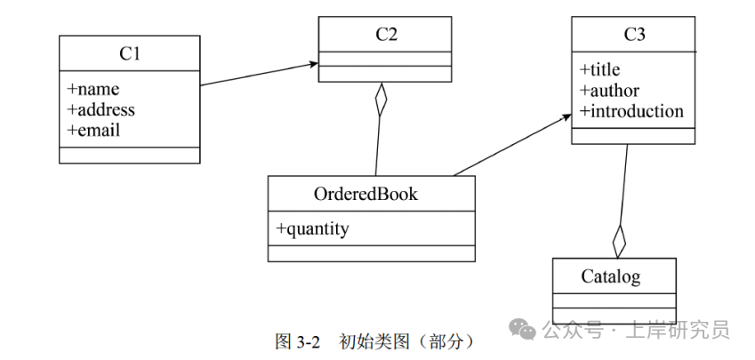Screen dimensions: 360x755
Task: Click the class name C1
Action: pos(130,53)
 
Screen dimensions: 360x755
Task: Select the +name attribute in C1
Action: pos(93,89)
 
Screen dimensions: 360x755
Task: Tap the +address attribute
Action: pos(101,109)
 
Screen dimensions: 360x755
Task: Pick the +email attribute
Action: pos(93,130)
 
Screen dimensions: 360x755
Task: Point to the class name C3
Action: pos(633,35)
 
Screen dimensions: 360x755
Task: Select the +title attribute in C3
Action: pos(600,69)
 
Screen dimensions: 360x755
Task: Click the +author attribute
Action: pos(609,90)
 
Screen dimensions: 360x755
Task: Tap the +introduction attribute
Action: pos(631,110)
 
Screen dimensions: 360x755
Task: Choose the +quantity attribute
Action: pos(312,228)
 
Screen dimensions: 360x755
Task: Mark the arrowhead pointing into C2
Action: pos(312,64)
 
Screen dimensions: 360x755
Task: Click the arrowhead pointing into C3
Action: pos(565,116)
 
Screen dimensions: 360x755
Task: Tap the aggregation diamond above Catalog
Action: pos(619,240)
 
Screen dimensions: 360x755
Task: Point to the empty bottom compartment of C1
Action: pos(130,155)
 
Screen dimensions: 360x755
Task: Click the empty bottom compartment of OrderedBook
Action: pos(372,253)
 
